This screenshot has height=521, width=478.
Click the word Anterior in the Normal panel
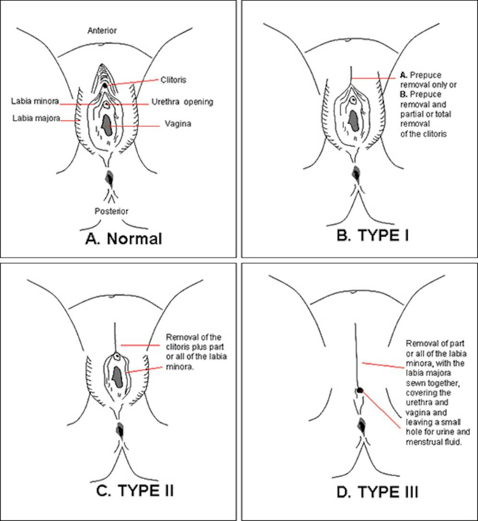pyautogui.click(x=102, y=31)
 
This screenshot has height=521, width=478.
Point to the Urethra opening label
pyautogui.click(x=182, y=102)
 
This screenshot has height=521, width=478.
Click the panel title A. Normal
pyautogui.click(x=123, y=238)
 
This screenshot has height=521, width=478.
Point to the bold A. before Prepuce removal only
pyautogui.click(x=403, y=76)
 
